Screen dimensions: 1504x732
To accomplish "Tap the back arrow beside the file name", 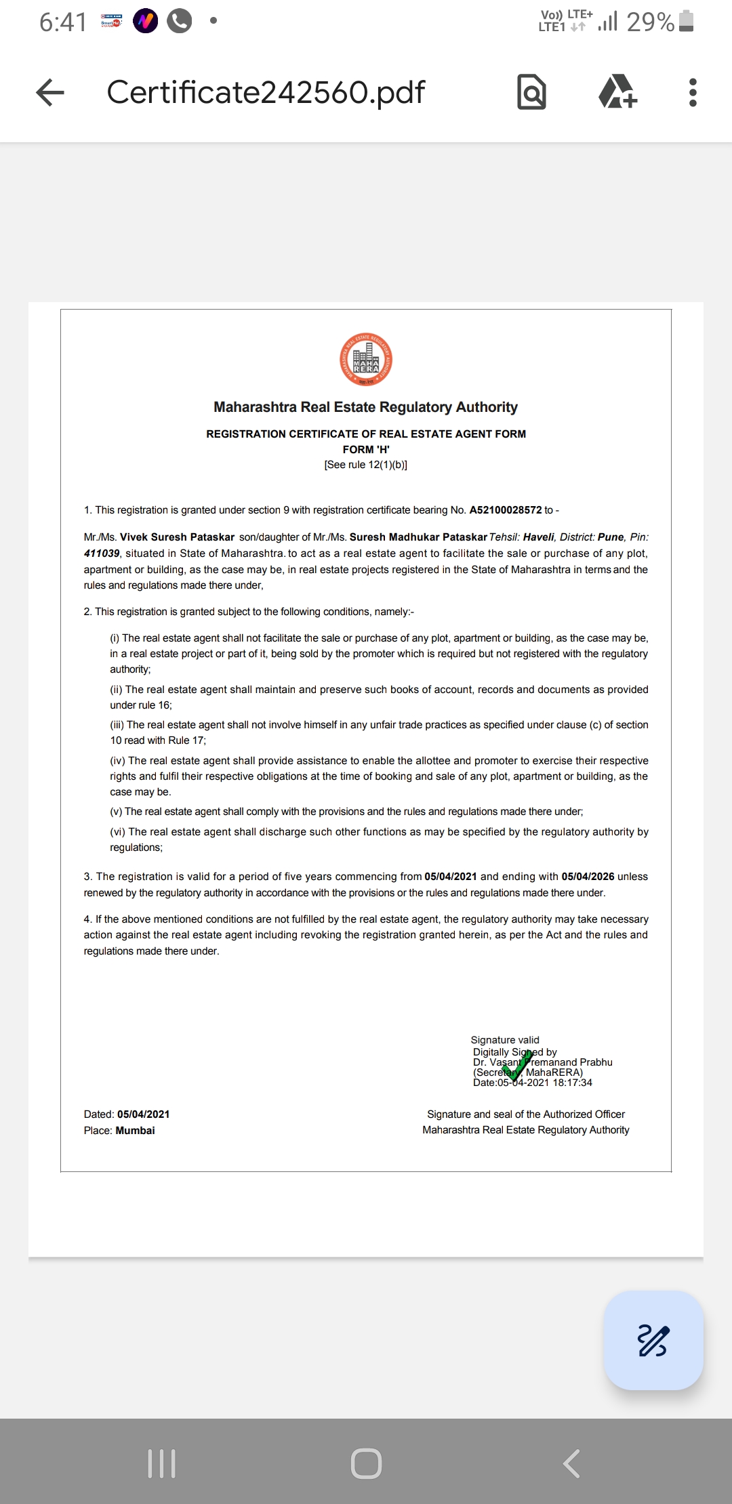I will [50, 92].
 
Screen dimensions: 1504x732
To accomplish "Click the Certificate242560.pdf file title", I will [266, 92].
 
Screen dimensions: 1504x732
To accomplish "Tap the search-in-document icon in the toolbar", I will [531, 92].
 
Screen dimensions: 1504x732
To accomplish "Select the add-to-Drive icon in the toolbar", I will [617, 92].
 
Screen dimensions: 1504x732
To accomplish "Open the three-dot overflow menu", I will [692, 92].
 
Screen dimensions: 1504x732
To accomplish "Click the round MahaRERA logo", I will [366, 360].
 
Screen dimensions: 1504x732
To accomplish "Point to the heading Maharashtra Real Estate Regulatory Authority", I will [365, 407].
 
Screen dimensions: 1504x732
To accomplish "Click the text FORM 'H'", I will [366, 449].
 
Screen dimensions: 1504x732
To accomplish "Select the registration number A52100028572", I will [506, 510].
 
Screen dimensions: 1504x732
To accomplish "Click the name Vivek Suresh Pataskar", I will [177, 537].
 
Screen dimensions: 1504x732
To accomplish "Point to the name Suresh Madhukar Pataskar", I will [418, 537].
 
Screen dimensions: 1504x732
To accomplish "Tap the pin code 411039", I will [102, 553].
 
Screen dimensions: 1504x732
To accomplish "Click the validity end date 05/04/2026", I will [588, 877].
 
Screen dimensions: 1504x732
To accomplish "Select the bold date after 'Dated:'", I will [143, 1114].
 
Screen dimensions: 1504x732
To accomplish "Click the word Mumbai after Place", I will [135, 1131].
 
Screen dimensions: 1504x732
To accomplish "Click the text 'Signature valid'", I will [505, 1040].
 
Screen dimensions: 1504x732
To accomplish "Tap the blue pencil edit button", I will [653, 1341].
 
